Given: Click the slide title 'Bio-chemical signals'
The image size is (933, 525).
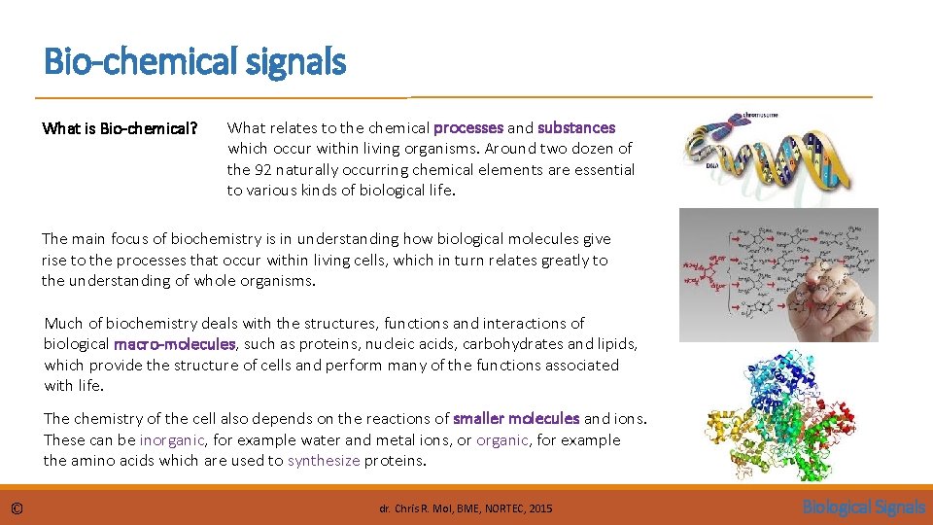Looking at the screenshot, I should tap(194, 62).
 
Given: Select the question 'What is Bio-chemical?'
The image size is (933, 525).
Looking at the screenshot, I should tap(120, 128).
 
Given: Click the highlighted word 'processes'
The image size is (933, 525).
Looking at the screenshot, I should tap(468, 127).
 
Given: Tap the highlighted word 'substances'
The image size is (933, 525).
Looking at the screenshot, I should tap(576, 127).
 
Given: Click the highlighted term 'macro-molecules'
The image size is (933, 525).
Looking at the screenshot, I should tap(175, 344).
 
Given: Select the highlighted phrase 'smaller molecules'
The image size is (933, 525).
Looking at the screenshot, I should tap(516, 419).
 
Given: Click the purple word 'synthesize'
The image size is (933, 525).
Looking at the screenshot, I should tap(323, 461).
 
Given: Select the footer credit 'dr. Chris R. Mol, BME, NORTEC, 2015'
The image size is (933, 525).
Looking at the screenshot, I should tap(466, 508).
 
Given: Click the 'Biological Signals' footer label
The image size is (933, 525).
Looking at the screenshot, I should tap(863, 507).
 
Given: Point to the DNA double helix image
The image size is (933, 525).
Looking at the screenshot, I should tap(768, 156).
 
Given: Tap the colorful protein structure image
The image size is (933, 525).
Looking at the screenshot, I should tap(792, 416).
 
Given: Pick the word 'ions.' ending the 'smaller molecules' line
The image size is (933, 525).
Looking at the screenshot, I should tap(631, 419).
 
